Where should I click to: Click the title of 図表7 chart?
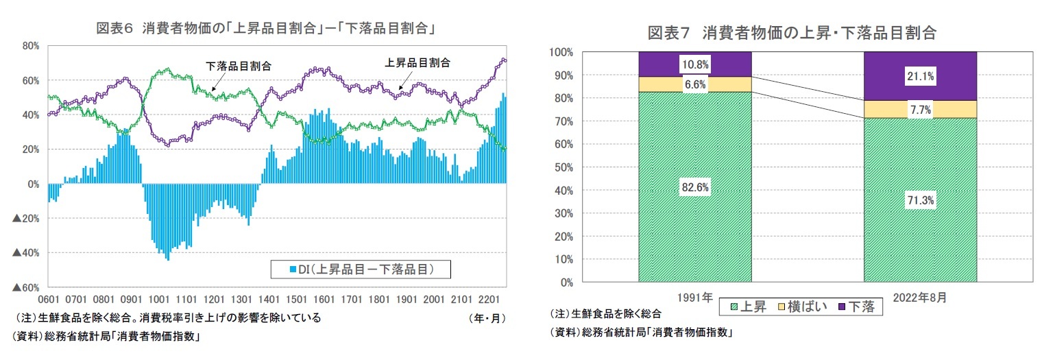pyautogui.click(x=792, y=32)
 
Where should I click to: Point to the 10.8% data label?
pyautogui.click(x=694, y=64)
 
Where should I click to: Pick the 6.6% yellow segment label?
pyautogui.click(x=694, y=84)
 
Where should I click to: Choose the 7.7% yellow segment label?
pyautogui.click(x=919, y=109)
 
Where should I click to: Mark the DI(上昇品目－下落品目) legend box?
pyautogui.click(x=360, y=269)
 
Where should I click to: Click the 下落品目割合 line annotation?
pyautogui.click(x=238, y=67)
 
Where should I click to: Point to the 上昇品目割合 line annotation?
pyautogui.click(x=417, y=62)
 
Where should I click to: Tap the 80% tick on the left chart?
pyautogui.click(x=31, y=46)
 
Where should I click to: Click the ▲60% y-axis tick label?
pyautogui.click(x=25, y=288)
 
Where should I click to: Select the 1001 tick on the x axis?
pyautogui.click(x=158, y=300)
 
